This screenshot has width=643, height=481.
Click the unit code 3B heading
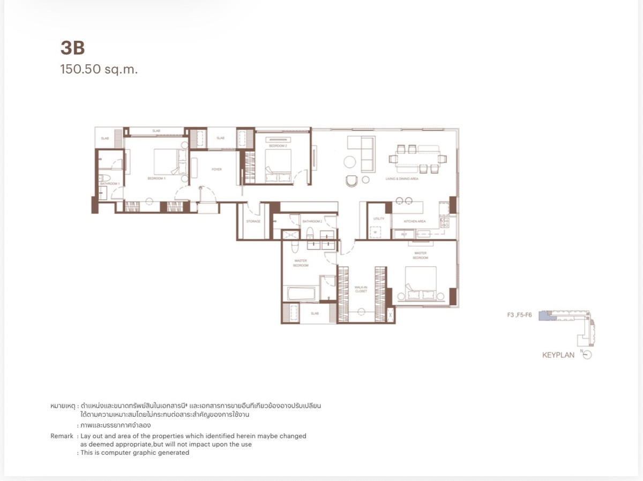[x=73, y=48]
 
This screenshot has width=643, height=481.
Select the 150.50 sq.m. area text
[x=99, y=69]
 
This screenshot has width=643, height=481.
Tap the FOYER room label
[x=216, y=169]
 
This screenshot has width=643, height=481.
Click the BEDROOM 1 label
[x=157, y=178]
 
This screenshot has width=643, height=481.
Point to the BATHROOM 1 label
[x=109, y=184]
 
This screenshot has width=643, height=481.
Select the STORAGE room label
[x=253, y=221]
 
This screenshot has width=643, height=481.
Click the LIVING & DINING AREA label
[x=402, y=179]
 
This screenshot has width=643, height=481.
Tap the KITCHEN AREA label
[x=415, y=221]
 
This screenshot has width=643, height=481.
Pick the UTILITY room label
[x=379, y=219]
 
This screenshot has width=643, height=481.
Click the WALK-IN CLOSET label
[x=361, y=289]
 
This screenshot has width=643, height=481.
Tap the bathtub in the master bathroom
[x=301, y=294]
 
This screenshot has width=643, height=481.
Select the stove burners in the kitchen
[x=444, y=222]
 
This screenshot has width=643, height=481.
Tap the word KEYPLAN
[x=558, y=355]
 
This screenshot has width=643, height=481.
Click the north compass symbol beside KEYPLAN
[x=587, y=355]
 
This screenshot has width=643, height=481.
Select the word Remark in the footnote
[x=62, y=436]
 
